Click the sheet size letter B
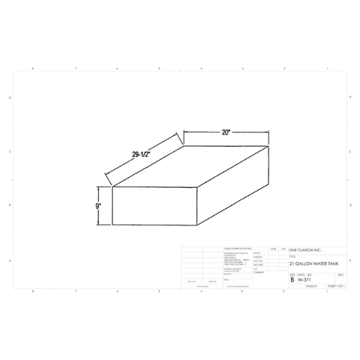pos(292,279)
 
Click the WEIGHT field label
pos(312,286)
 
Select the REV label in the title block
pos(340,274)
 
